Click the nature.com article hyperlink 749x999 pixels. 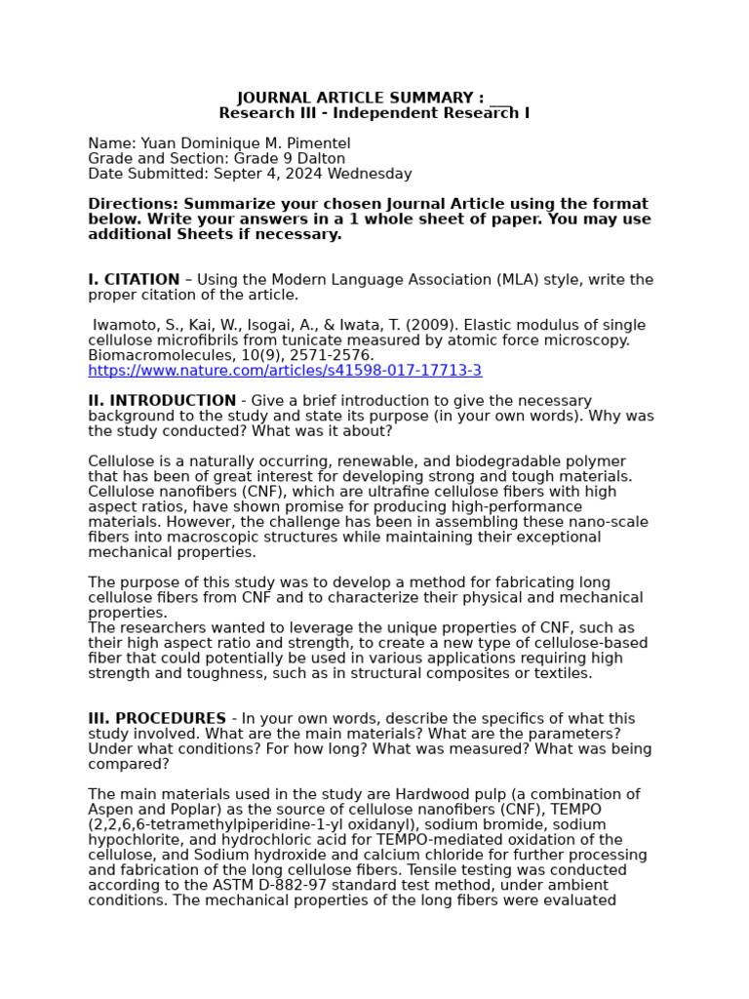pos(285,371)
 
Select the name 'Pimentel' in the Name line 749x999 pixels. pos(314,143)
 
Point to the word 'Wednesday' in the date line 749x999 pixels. pos(374,174)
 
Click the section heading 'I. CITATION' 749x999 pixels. pos(134,280)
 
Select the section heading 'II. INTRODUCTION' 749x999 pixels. pos(162,401)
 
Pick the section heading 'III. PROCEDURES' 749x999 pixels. pos(157,719)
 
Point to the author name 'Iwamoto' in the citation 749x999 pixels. pos(125,326)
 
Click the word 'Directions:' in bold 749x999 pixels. pos(136,204)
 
